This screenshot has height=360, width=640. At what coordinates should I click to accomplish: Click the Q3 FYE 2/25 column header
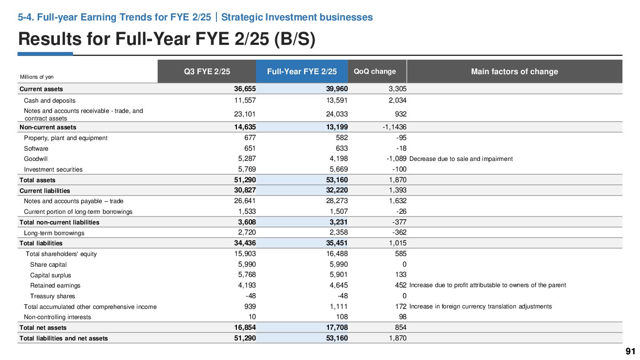pyautogui.click(x=207, y=72)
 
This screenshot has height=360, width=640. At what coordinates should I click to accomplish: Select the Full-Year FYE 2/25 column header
pyautogui.click(x=302, y=72)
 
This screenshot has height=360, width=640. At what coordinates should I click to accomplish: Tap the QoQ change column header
pyautogui.click(x=375, y=72)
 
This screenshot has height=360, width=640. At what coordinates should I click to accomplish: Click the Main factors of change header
pyautogui.click(x=514, y=72)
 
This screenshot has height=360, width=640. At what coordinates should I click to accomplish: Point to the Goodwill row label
pyautogui.click(x=36, y=159)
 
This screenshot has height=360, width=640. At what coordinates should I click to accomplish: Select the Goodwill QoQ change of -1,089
pyautogui.click(x=396, y=159)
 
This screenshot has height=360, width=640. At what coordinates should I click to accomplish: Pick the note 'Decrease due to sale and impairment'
pyautogui.click(x=461, y=159)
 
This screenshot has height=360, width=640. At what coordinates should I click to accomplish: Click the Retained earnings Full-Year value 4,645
pyautogui.click(x=339, y=285)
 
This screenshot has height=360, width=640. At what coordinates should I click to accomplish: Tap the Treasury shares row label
pyautogui.click(x=52, y=296)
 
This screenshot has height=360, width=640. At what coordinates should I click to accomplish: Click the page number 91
pyautogui.click(x=630, y=351)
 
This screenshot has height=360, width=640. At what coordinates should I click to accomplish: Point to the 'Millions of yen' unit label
pyautogui.click(x=36, y=77)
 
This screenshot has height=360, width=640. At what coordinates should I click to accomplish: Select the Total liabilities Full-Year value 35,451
pyautogui.click(x=337, y=243)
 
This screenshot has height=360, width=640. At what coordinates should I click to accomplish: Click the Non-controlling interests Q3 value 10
pyautogui.click(x=252, y=317)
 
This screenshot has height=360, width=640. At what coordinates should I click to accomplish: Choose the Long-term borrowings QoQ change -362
pyautogui.click(x=399, y=232)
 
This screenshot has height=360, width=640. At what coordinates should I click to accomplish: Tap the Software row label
pyautogui.click(x=36, y=148)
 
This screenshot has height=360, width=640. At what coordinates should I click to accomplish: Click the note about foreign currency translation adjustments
pyautogui.click(x=480, y=307)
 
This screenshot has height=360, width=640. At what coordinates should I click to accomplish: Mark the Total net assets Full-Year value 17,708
pyautogui.click(x=337, y=328)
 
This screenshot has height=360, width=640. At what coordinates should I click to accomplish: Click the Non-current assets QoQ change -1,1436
pyautogui.click(x=394, y=127)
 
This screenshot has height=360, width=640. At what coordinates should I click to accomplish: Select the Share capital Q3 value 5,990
pyautogui.click(x=247, y=264)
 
